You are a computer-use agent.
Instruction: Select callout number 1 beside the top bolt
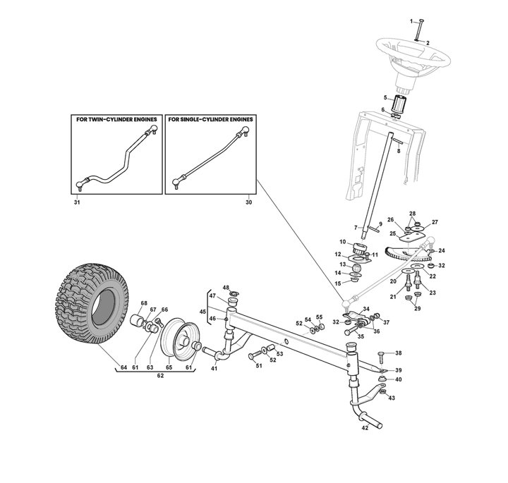pos(412,22)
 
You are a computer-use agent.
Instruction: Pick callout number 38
pos(397,353)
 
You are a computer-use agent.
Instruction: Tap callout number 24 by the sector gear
pos(442,250)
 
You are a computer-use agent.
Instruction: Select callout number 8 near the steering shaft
pos(399,151)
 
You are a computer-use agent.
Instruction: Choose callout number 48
pos(226,288)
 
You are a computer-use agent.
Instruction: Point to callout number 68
pos(143,304)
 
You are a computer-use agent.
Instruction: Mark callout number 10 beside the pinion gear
pos(342,242)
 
